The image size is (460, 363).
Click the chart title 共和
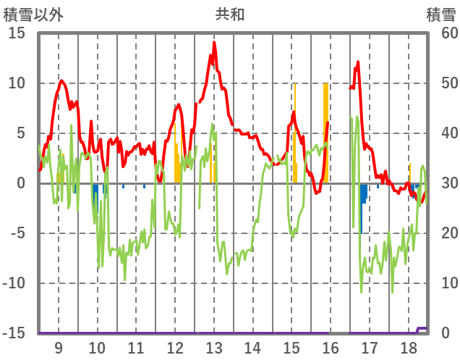coord(230,14)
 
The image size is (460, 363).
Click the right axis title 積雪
coord(440,14)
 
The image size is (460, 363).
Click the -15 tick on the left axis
coord(15,333)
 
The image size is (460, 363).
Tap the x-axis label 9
coord(58,348)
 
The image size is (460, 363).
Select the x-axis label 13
coord(213,348)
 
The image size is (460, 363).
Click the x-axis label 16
coord(330,348)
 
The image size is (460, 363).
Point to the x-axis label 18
coord(408,348)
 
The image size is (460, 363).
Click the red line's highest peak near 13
coord(214,43)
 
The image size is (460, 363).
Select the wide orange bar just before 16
coord(325,130)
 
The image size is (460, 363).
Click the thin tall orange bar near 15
coord(294,130)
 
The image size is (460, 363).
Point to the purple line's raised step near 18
coord(423,329)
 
